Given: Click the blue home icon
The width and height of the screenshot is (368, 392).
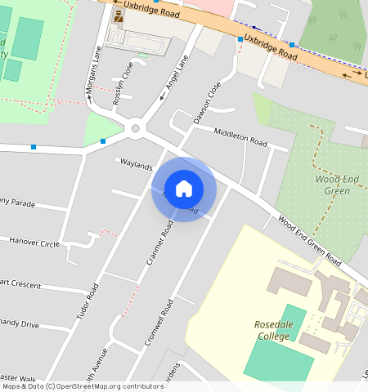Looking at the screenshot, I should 184,189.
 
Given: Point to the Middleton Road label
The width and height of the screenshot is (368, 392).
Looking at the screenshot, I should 240,136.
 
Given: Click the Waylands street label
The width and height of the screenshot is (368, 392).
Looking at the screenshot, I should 137,166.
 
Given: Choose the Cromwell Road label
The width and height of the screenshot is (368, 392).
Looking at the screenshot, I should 159,323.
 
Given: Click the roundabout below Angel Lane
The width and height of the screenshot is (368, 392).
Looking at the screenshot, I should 136,127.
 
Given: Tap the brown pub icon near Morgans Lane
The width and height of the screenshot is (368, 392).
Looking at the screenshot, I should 119,16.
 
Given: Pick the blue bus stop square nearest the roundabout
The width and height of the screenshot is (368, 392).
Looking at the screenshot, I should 103,142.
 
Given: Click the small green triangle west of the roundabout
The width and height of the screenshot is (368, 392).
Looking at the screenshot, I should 101,128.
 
